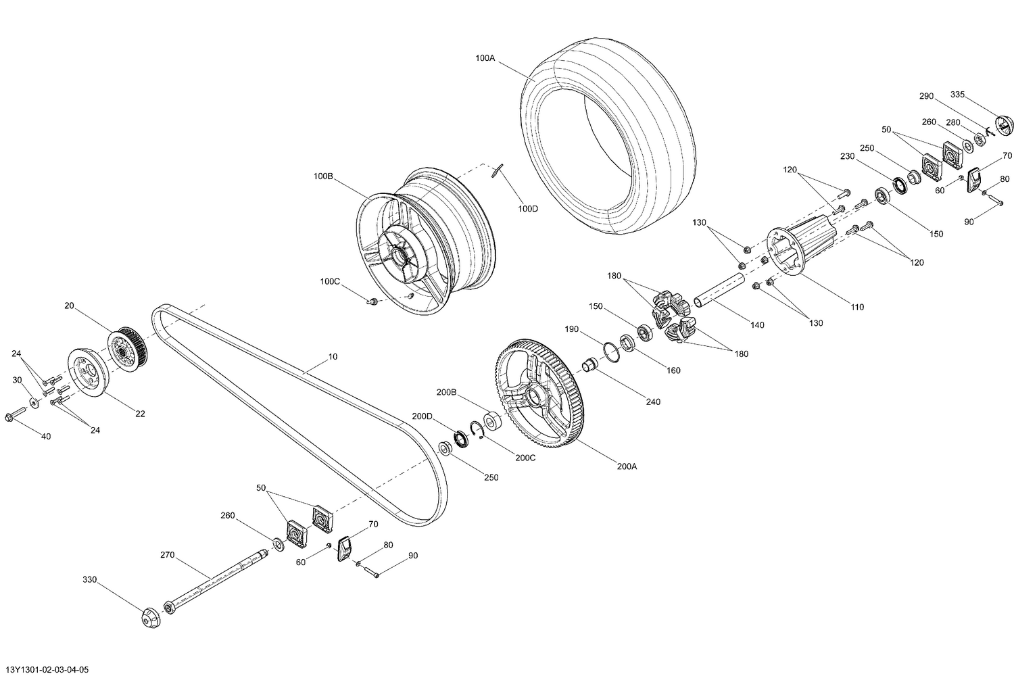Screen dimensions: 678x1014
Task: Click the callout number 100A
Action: coord(485,59)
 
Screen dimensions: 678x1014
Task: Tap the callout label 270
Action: coord(167,555)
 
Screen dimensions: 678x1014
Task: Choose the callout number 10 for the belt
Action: coord(333,356)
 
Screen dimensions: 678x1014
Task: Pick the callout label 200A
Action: coord(626,466)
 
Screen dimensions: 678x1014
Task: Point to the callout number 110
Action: coord(857,307)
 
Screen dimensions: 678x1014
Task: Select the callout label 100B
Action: coord(323,176)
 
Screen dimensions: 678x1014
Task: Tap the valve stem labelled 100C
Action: coord(371,302)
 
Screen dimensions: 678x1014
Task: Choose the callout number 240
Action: coord(653,402)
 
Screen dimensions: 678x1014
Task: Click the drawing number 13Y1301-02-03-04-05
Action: coord(45,669)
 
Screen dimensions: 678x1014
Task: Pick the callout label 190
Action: coord(572,329)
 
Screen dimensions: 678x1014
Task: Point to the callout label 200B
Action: coord(446,392)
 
